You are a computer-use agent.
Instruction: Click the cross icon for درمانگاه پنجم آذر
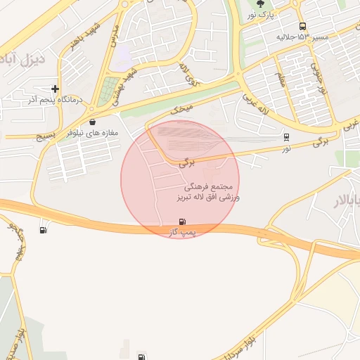[x=55, y=89]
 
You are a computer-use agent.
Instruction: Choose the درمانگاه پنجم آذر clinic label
[x=55, y=100]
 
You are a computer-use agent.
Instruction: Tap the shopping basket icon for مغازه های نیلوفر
[x=93, y=122]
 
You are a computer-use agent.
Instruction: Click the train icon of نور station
[x=286, y=138]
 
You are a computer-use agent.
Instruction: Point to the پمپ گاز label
[x=183, y=231]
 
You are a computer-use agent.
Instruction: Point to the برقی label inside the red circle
[x=186, y=161]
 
